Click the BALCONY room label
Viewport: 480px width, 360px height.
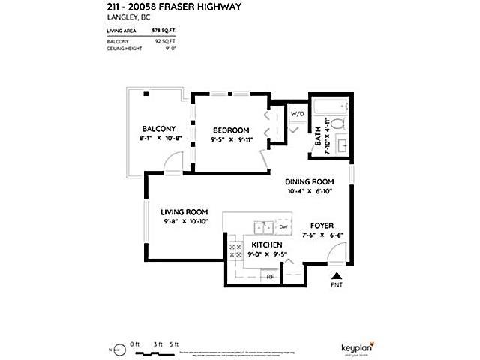point(157,128)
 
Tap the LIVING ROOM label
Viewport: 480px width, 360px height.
point(184,211)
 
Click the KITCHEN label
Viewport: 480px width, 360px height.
point(266,245)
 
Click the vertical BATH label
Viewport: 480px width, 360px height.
point(318,136)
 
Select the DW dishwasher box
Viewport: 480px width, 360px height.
point(283,226)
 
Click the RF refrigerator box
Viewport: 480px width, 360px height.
point(271,277)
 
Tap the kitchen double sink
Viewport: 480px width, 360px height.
point(262,226)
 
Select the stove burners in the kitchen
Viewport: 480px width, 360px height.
point(235,250)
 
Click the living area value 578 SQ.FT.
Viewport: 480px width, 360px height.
point(163,31)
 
